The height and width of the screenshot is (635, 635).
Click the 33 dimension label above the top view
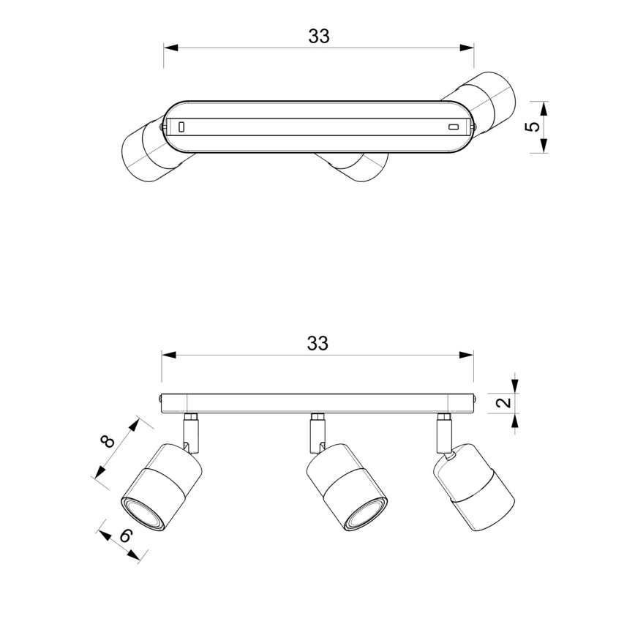pos(319,36)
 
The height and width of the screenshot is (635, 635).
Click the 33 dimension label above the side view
pos(318,343)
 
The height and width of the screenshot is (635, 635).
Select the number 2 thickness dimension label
pos(503,402)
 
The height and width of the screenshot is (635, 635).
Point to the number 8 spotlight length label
pos(108,441)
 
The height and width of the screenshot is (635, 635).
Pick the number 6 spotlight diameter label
pos(127,536)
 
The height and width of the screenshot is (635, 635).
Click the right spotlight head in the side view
pos(474,487)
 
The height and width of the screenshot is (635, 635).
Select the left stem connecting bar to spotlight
pos(191,432)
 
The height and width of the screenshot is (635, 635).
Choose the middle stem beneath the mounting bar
pos(317,432)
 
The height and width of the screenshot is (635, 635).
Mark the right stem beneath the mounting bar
pos(444,432)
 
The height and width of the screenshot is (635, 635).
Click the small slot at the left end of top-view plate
pos(182,127)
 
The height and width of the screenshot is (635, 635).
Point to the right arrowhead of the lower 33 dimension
pos(466,355)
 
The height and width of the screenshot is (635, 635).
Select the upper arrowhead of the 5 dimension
pos(544,108)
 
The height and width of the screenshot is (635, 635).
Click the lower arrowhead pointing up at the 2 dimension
pos(515,421)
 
